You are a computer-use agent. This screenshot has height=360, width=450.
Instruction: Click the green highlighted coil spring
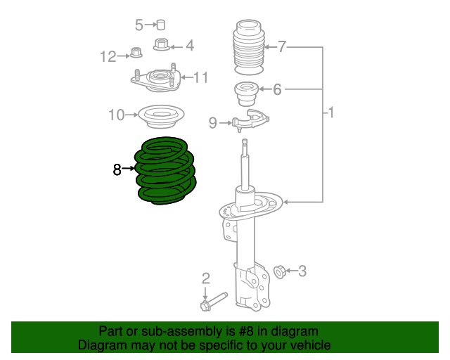pos(166,171)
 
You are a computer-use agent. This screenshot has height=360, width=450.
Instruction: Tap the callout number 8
pos(117,169)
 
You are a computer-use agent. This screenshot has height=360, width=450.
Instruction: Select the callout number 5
pos(139,25)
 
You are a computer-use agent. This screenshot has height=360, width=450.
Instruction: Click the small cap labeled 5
pos(161,25)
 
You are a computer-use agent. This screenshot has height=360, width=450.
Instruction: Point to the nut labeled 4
pos(161,44)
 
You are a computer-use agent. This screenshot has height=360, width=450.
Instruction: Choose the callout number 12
pos(108,56)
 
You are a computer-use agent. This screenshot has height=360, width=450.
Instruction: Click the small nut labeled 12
pos(136,53)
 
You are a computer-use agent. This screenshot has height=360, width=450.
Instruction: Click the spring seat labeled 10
pos(161,116)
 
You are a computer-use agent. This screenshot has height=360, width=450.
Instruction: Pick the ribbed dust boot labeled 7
pos(248,47)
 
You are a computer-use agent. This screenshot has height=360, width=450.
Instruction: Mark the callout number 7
pos(282,46)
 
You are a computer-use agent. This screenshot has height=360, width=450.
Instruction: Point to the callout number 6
pos(277,89)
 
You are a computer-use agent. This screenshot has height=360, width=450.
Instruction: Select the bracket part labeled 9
pos(250,120)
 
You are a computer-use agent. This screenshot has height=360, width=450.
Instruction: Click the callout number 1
pos(331,112)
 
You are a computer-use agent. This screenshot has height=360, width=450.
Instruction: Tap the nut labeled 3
pos(278,271)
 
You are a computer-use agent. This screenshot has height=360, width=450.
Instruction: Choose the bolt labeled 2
pos(214,302)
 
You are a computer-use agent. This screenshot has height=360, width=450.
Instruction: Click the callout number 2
pos(206,278)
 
